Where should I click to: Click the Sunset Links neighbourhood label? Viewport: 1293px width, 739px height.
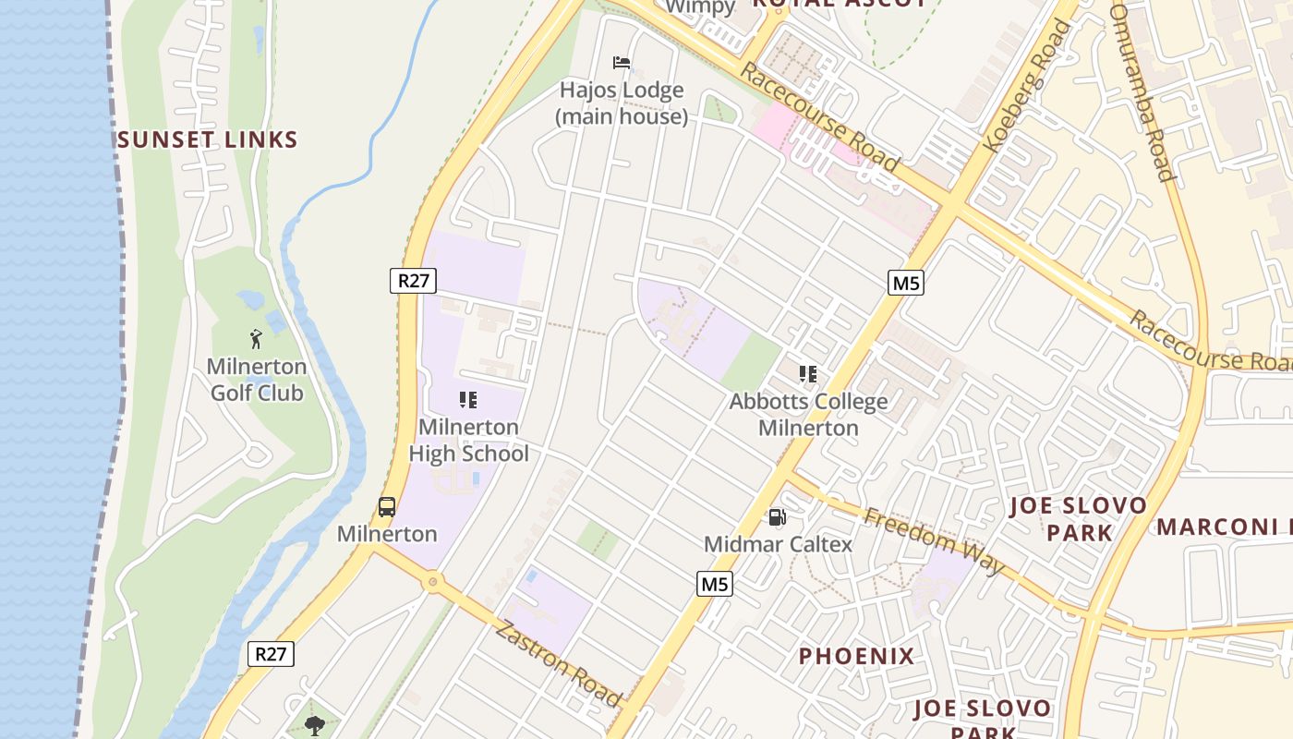point(207,140)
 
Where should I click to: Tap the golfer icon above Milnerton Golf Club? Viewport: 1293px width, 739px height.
point(257,339)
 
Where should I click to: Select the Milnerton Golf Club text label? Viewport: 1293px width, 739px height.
point(257,380)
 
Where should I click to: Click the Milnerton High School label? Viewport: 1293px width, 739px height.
point(468,441)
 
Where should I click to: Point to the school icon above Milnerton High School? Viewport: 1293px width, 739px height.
point(468,400)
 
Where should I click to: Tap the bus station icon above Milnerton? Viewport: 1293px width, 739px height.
point(387,507)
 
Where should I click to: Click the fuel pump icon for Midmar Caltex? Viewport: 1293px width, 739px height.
point(778,517)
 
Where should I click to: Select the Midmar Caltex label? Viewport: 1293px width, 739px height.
point(778,544)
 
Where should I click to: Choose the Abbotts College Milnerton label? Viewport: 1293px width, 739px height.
point(808,415)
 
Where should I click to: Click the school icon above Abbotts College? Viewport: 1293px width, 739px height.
point(808,374)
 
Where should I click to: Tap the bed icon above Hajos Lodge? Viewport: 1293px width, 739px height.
point(622,63)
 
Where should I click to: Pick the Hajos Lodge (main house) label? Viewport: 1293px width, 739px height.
point(622,103)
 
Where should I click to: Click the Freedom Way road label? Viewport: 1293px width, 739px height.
point(933,540)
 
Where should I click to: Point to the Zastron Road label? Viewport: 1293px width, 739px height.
point(558,663)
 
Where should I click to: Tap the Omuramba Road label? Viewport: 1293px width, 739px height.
point(1142,92)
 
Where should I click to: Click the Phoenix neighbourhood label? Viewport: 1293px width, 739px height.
point(856,657)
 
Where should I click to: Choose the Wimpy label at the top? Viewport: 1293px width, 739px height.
point(700,7)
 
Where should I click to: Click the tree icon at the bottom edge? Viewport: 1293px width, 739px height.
point(314,725)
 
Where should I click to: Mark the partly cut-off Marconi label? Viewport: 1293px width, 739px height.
point(1224,527)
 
